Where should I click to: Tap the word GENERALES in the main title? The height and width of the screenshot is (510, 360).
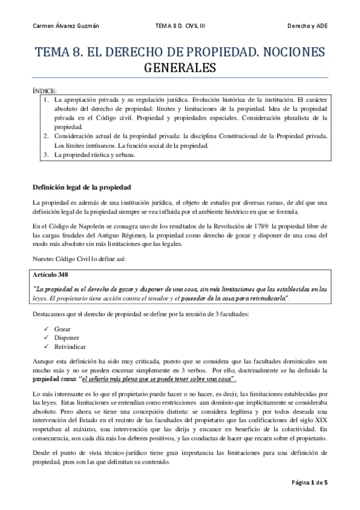pyautogui.click(x=180, y=69)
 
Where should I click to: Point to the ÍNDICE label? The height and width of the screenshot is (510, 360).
pyautogui.click(x=45, y=90)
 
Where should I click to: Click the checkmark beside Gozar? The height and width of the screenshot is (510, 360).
pyautogui.click(x=47, y=330)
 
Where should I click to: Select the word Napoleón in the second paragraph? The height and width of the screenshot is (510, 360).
pyautogui.click(x=81, y=226)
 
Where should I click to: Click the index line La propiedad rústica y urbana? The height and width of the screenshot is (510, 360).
pyautogui.click(x=94, y=155)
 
